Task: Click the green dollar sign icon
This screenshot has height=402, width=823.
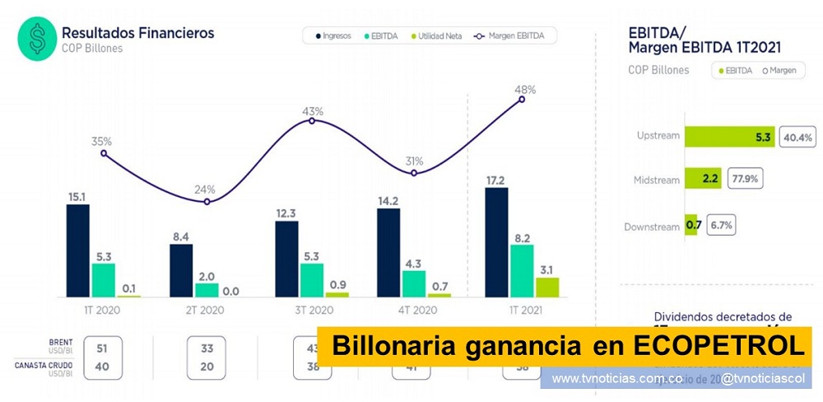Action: point(37,39)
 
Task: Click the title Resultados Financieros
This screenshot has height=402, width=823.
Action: point(137,33)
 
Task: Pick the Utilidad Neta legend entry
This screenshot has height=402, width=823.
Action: point(439,36)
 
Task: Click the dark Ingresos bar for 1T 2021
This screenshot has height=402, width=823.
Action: point(496,242)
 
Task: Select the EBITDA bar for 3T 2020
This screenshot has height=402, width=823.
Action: point(311,280)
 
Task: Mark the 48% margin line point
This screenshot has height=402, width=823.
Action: point(522,100)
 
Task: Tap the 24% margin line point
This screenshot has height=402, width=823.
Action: point(208,201)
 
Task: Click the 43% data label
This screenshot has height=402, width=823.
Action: point(312,110)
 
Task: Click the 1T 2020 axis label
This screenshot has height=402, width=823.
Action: point(103,311)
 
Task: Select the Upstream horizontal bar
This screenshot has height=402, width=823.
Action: point(728,137)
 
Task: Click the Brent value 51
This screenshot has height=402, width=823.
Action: point(103,348)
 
